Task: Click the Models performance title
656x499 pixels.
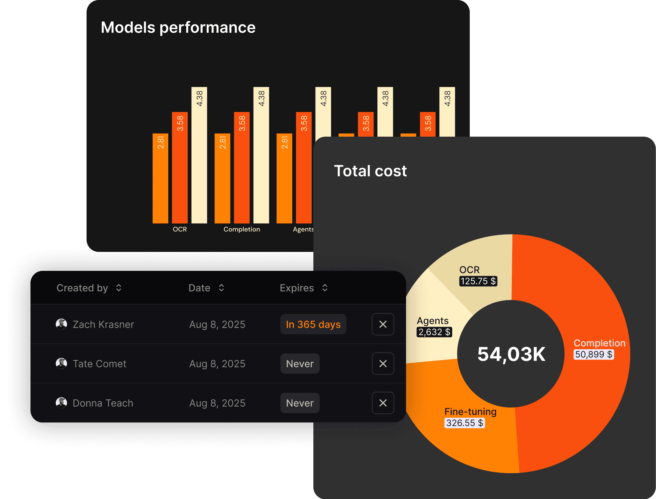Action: [x=178, y=27]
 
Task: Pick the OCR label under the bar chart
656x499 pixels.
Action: [x=180, y=229]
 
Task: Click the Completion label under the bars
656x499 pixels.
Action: [x=242, y=229]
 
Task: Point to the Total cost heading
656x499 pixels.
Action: [x=370, y=171]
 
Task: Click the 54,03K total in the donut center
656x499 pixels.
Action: [x=511, y=354]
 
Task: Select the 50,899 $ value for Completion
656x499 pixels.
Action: [x=594, y=354]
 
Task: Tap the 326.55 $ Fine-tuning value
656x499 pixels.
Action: [x=465, y=423]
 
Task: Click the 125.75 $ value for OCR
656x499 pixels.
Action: [x=478, y=281]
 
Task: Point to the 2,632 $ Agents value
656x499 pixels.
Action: [x=434, y=332]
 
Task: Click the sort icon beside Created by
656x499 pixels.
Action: [x=119, y=288]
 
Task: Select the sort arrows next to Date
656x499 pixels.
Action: [x=222, y=288]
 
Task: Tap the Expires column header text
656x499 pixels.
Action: [x=297, y=288]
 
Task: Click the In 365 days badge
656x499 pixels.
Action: [x=313, y=324]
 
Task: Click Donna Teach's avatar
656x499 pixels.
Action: [x=61, y=403]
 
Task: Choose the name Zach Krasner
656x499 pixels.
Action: [x=103, y=324]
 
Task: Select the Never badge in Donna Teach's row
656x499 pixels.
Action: [x=300, y=403]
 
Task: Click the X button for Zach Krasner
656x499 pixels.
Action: [x=383, y=324]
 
